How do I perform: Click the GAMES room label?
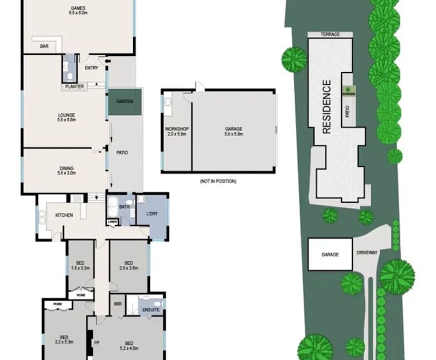pyautogui.click(x=78, y=8)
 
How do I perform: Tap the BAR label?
pyautogui.click(x=44, y=47)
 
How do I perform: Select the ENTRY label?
pyautogui.click(x=91, y=68)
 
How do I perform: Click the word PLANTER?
pyautogui.click(x=75, y=87)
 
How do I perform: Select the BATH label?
pyautogui.click(x=124, y=207)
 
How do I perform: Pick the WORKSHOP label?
pyautogui.click(x=176, y=129)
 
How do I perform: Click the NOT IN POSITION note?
pyautogui.click(x=217, y=181)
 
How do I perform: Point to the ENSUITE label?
pyautogui.click(x=151, y=310)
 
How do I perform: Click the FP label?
pyautogui.click(x=97, y=343)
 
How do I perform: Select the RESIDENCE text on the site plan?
pyautogui.click(x=326, y=106)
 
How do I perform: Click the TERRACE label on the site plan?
pyautogui.click(x=330, y=35)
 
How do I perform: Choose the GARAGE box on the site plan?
pyautogui.click(x=330, y=254)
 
